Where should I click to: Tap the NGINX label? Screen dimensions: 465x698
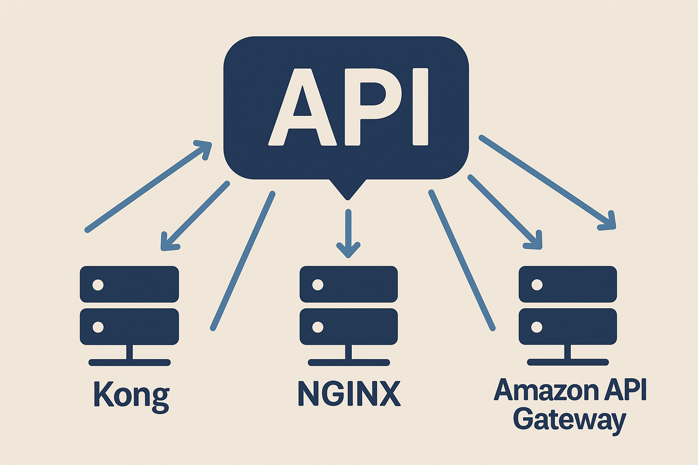point(349,393)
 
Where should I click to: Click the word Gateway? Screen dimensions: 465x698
point(569,419)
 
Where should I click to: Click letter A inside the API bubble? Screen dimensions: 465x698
point(302,108)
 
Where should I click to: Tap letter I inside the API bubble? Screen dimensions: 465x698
point(420,107)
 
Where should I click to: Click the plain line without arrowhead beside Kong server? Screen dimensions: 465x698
point(243,261)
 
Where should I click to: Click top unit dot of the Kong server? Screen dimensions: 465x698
point(98,285)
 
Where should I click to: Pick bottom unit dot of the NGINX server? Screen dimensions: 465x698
point(318,327)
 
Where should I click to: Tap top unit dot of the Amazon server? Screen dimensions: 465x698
point(537,285)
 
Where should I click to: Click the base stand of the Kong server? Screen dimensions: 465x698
point(130,362)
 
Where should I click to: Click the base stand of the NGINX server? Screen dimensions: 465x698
point(349,362)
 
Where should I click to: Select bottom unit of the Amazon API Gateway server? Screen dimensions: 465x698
point(568,327)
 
